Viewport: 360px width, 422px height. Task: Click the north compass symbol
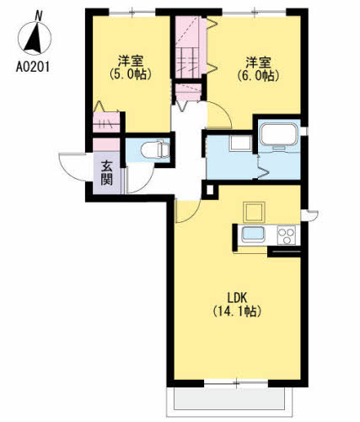(35, 35)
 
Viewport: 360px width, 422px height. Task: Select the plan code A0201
(33, 68)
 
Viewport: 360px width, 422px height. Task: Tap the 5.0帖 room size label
(131, 74)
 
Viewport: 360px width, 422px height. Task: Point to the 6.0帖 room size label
(258, 76)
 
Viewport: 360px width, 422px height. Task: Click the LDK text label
(237, 298)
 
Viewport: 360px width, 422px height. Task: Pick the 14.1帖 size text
(237, 311)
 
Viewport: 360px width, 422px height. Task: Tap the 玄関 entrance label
(107, 172)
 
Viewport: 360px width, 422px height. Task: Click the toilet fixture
(155, 149)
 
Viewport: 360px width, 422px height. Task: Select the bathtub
(278, 135)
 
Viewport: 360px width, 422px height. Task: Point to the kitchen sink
(253, 234)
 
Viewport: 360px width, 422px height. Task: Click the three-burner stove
(287, 235)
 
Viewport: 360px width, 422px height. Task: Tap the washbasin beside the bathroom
(240, 143)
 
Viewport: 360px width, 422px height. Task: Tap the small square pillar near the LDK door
(210, 191)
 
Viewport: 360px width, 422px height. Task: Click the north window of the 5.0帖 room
(132, 13)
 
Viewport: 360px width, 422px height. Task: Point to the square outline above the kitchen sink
(254, 212)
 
